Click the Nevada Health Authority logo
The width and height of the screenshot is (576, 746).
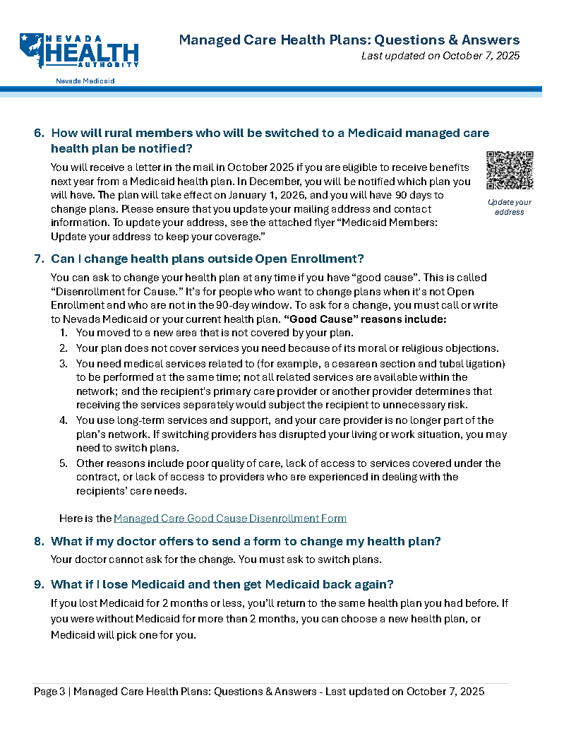(78, 51)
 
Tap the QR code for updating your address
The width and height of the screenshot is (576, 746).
(510, 170)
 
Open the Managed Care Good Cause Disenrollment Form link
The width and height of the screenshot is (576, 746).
(230, 519)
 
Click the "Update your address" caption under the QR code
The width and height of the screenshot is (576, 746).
(510, 207)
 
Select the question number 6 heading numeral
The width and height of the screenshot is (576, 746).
(39, 133)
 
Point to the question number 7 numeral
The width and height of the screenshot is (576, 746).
(39, 259)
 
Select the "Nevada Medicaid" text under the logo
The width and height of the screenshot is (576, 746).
(85, 81)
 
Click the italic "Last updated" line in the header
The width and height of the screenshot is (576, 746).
(440, 56)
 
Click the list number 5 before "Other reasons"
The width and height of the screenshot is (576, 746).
(63, 463)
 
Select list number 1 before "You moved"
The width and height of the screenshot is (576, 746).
(63, 333)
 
